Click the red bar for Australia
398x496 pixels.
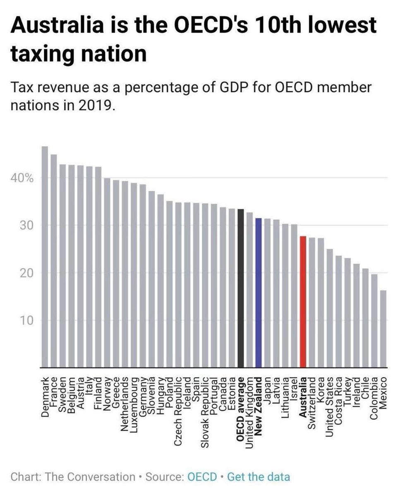point(303,302)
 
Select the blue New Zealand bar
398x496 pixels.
point(259,293)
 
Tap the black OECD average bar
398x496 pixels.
point(241,288)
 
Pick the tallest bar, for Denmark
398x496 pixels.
point(45,257)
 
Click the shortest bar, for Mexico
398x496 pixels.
point(383,329)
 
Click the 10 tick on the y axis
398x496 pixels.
point(26,320)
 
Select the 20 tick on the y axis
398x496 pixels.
point(26,273)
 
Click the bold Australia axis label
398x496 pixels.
point(303,397)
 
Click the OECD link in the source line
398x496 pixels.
point(202,477)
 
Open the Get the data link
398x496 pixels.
point(259,477)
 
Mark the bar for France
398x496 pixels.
point(54,261)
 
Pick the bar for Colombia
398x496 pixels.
point(374,321)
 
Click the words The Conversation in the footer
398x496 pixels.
point(90,477)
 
